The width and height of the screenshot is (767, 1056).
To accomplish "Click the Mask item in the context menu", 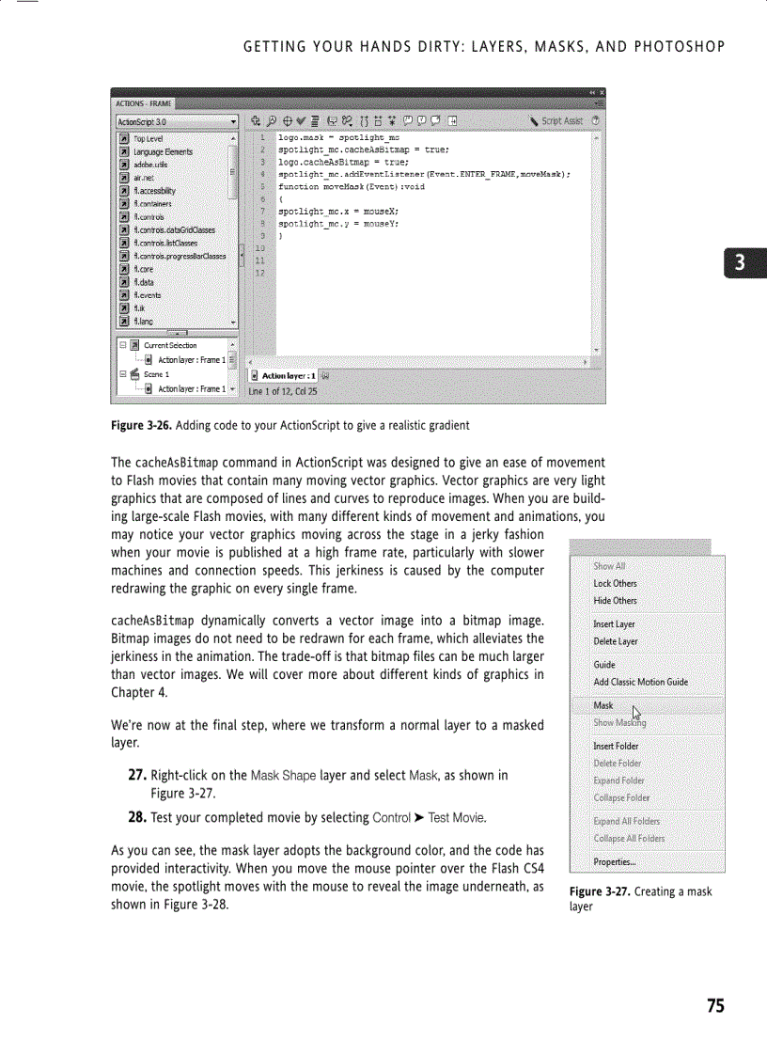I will coord(603,705).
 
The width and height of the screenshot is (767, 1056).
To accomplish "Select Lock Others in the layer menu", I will coord(615,584).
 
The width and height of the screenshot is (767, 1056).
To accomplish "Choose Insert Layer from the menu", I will coord(614,624).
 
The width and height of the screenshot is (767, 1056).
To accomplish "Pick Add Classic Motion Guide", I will coord(640,683).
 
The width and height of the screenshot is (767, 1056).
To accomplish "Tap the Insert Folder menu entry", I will coord(616,747).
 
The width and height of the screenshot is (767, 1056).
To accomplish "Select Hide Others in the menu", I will coord(615,601).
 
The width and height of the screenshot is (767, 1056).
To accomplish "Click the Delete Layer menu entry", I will coord(615,642).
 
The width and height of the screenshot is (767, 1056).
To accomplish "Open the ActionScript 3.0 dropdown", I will coord(176,121).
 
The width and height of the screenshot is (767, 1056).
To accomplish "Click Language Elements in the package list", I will coord(163,151).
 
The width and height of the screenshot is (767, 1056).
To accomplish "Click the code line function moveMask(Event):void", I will coord(345,186).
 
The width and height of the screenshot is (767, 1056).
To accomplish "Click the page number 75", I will coord(715,1006).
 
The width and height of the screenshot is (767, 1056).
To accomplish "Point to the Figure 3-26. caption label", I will coord(140,426).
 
